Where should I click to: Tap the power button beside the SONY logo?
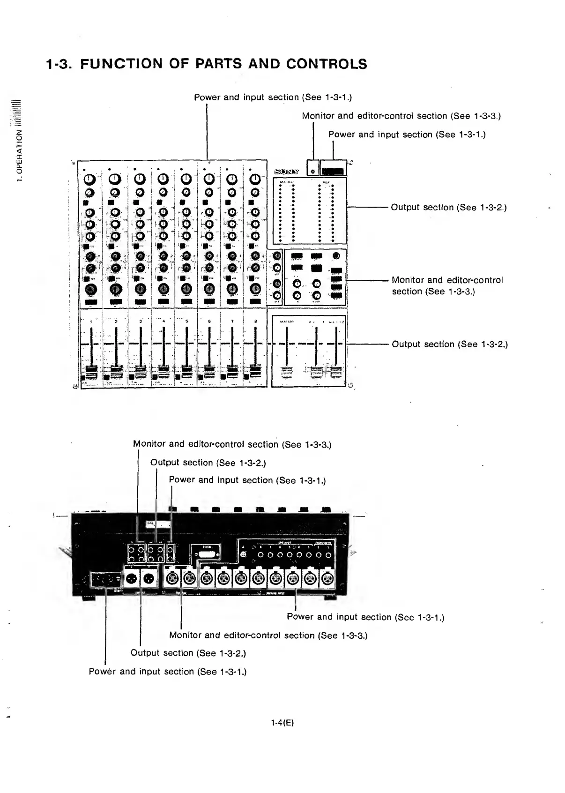point(312,172)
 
